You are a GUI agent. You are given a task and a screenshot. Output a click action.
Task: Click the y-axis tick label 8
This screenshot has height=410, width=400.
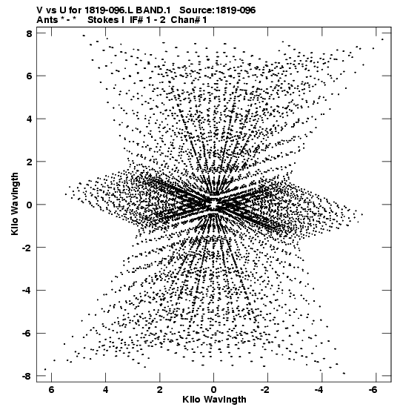pyautogui.click(x=29, y=33)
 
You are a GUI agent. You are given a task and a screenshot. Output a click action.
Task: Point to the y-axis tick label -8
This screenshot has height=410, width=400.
pyautogui.click(x=27, y=376)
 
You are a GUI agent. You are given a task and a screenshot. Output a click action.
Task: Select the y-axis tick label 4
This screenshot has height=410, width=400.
pyautogui.click(x=29, y=119)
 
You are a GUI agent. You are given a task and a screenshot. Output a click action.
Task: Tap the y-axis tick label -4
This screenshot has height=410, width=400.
pyautogui.click(x=27, y=290)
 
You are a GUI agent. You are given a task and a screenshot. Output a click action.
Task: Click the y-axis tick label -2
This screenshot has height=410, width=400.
pyautogui.click(x=27, y=248)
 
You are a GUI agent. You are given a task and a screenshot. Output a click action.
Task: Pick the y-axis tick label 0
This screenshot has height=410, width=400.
pyautogui.click(x=29, y=205)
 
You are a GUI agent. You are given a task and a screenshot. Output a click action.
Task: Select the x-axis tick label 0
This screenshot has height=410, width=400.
pyautogui.click(x=213, y=390)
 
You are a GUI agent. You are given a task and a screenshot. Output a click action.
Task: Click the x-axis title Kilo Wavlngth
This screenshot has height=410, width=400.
pyautogui.click(x=214, y=400)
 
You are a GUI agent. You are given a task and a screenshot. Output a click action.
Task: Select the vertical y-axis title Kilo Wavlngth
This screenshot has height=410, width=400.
pyautogui.click(x=15, y=204)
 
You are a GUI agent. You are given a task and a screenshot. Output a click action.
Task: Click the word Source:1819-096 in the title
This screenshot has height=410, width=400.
pyautogui.click(x=218, y=10)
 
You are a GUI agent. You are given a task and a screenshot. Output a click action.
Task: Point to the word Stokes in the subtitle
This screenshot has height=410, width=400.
pyautogui.click(x=104, y=20)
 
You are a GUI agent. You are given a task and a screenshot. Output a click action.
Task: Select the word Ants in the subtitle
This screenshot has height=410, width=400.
pyautogui.click(x=47, y=20)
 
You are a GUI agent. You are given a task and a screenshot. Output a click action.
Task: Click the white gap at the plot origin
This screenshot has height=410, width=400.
pyautogui.click(x=214, y=204)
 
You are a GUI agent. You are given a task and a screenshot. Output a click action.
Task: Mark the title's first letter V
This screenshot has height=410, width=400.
pyautogui.click(x=39, y=10)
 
